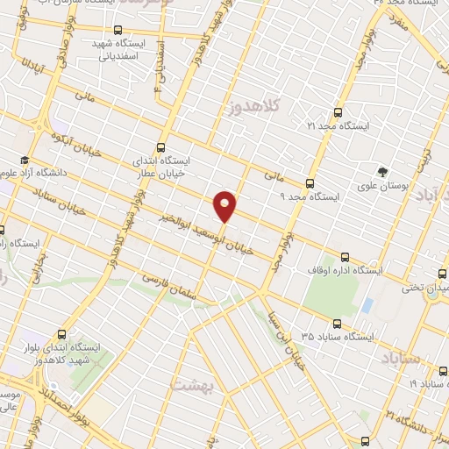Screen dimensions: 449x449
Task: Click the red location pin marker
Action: [x=225, y=205]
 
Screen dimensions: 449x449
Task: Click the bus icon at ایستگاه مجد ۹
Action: [x=309, y=184]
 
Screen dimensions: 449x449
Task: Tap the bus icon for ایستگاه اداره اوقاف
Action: [x=345, y=258]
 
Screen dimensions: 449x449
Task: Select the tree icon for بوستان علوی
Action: [x=382, y=171]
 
